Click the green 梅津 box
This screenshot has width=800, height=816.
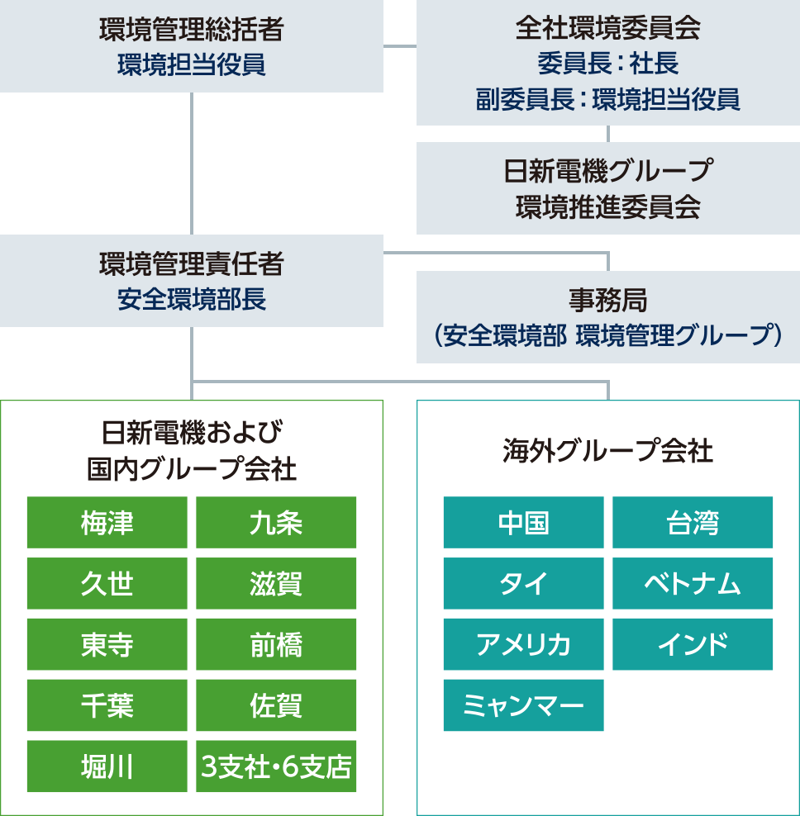pos(108,523)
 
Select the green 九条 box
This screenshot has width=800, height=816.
pos(276,523)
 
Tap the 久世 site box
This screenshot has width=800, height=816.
pos(108,584)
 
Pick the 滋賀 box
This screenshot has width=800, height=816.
pos(276,584)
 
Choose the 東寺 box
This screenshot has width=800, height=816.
pos(108,645)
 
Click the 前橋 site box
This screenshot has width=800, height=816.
pos(276,645)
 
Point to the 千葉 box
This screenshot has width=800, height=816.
pos(108,705)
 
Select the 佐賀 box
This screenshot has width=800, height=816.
pos(276,705)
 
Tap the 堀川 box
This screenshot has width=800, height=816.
pos(108,766)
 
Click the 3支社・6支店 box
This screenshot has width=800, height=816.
pos(276,766)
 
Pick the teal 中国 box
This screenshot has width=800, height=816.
pos(524,523)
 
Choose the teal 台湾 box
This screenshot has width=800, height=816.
pos(693,523)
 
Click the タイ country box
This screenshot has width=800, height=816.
pos(524,584)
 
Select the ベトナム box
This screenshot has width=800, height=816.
pos(693,584)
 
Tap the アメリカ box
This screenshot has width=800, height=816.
pos(524,645)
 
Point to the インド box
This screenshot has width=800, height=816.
pos(693,645)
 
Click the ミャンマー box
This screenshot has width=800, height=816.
pos(524,705)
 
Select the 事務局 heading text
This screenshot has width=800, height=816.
pos(607,298)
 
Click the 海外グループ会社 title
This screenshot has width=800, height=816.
pos(607,452)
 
